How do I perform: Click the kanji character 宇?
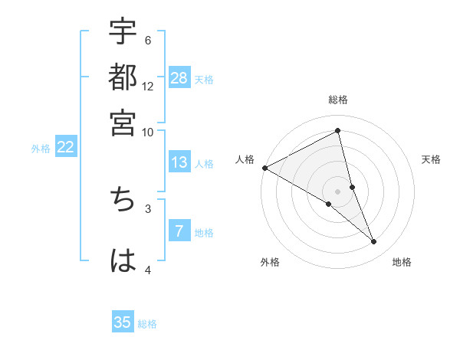123,33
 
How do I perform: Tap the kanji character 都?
123,78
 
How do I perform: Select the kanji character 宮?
123,123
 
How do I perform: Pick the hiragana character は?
123,260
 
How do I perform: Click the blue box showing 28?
179,78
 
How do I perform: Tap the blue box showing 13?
179,163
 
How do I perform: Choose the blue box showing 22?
65,148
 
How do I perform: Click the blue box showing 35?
123,322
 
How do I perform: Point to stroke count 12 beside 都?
148,86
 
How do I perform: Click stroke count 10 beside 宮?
148,131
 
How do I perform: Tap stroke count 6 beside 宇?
148,41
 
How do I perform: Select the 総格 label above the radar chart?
338,100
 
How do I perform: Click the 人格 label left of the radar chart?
245,159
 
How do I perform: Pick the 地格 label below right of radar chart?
402,263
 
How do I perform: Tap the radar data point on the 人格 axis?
264,168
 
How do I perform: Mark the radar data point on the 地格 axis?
374,242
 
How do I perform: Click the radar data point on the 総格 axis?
338,132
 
